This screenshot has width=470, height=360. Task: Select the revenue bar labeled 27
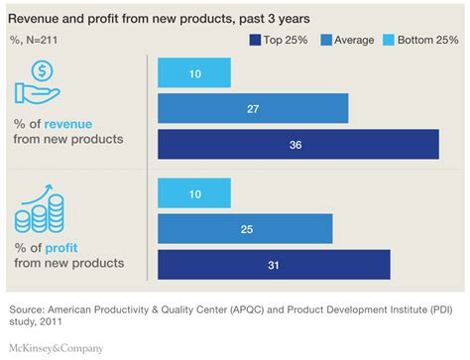point(253,108)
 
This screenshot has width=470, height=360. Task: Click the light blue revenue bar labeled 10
point(194,72)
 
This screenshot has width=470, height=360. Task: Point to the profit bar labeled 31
point(274,264)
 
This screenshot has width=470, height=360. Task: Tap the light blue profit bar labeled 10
point(194,193)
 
